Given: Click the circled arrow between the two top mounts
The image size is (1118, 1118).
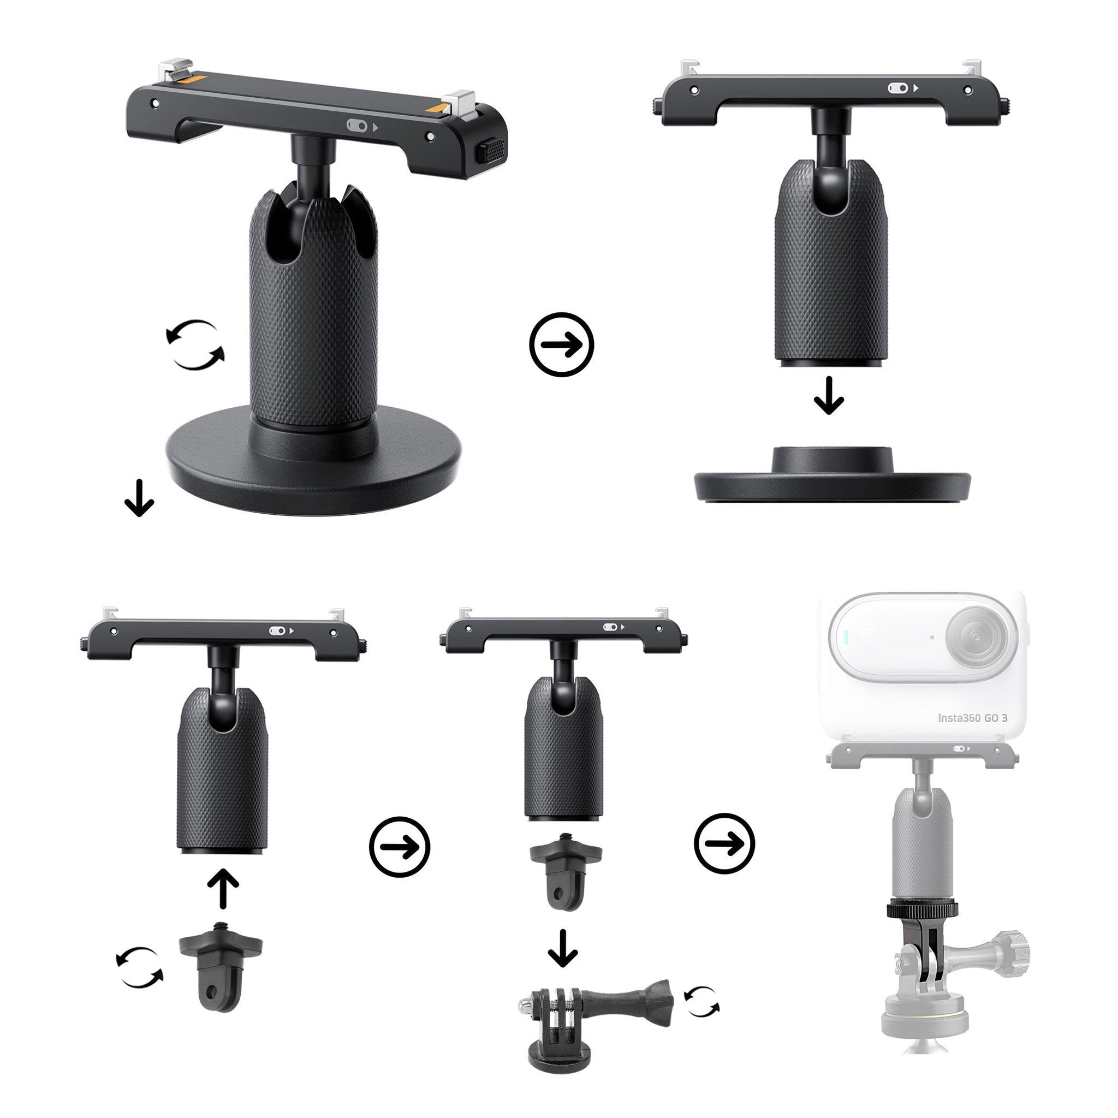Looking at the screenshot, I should pyautogui.click(x=561, y=345).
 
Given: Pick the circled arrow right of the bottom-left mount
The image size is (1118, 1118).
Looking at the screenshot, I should pyautogui.click(x=399, y=847).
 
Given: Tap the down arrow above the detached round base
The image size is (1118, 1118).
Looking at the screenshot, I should pyautogui.click(x=829, y=396).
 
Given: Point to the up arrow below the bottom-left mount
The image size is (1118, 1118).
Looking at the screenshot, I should pyautogui.click(x=223, y=890).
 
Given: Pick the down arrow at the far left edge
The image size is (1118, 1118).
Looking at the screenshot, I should pyautogui.click(x=139, y=498).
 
